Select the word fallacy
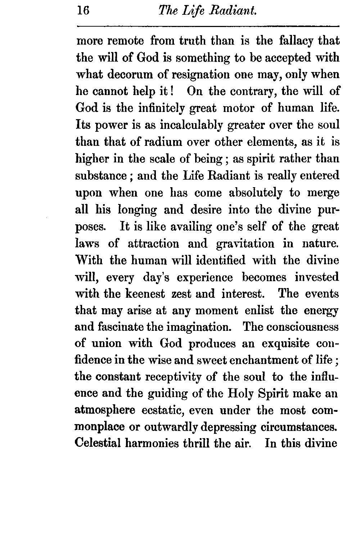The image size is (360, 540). pyautogui.click(x=297, y=41)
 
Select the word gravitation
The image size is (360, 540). pyautogui.click(x=245, y=244)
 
